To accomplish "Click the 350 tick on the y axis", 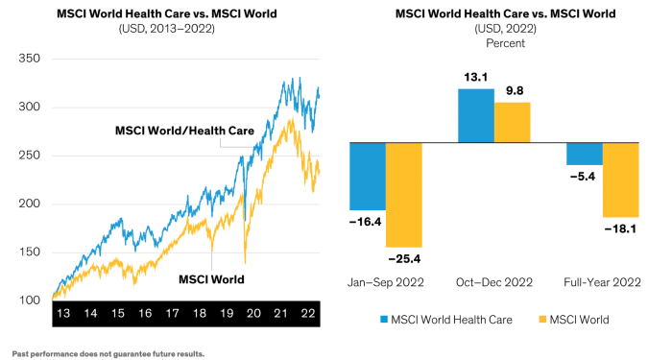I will click(x=31, y=59).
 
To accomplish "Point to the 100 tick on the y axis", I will click(x=31, y=300).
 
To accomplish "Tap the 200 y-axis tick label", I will click(x=31, y=204).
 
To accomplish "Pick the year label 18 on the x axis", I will click(x=199, y=314).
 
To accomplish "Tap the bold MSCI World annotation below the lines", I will click(x=212, y=279).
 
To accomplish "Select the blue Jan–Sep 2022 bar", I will click(x=367, y=177).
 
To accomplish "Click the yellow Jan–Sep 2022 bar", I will click(x=403, y=195).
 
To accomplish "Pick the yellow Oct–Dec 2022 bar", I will click(x=512, y=122).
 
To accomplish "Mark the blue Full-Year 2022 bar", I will click(x=585, y=154).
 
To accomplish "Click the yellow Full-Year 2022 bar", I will click(x=620, y=180).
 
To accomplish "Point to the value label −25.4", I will click(x=403, y=258).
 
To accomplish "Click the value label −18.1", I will click(x=620, y=228).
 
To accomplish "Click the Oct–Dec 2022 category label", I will click(x=493, y=282).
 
